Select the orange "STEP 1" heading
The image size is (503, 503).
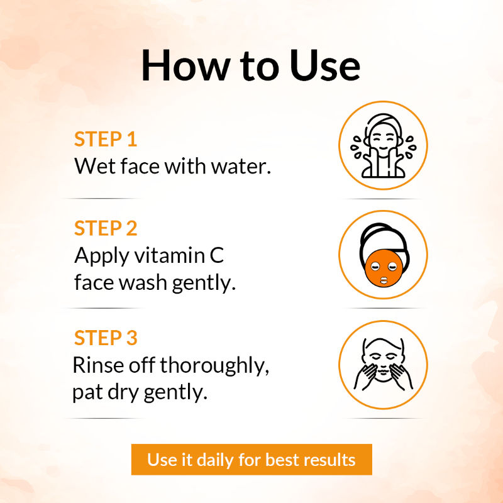pos(106,139)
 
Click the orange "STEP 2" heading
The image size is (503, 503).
pos(106,228)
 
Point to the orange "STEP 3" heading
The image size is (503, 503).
pos(106,338)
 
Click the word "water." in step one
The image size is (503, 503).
pos(241,167)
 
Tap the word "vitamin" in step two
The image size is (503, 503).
pos(169,256)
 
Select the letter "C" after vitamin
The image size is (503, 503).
pos(217,256)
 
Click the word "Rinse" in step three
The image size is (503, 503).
pos(98,365)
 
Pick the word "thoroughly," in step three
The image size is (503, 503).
pos(214,366)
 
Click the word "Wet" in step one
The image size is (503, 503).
pos(95,166)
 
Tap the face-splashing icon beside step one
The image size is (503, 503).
pos(383,145)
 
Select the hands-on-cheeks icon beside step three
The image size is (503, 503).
pos(383,365)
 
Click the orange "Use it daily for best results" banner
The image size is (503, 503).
pos(251,460)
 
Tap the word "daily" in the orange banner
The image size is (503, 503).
pos(215,460)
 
